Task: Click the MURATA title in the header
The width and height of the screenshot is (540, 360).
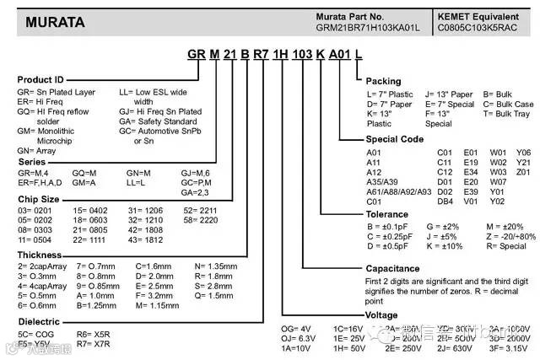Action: pos(54,23)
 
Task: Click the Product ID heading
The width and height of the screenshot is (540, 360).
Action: pos(41,79)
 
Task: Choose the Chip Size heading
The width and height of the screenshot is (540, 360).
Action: pos(40,200)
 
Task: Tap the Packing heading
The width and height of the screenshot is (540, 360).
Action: pos(384,81)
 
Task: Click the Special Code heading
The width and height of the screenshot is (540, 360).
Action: pos(394,138)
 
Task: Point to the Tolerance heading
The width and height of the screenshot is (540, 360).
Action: pos(388,214)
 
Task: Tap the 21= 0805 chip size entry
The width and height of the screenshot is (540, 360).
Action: pos(93,228)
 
